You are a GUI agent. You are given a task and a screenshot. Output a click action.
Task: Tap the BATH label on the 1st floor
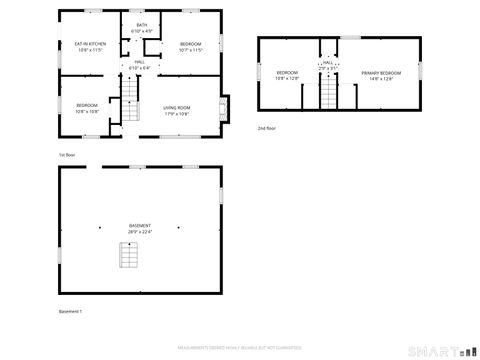click(142, 27)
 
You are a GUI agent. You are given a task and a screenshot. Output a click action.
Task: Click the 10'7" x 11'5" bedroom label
click(191, 46)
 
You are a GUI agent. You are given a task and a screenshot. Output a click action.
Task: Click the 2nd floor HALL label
click(328, 64)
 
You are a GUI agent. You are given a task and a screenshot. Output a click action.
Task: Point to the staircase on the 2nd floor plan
click(328, 93)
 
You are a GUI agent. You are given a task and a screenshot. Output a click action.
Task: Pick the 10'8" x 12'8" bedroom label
click(288, 74)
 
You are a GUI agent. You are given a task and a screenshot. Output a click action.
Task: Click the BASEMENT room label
click(140, 226)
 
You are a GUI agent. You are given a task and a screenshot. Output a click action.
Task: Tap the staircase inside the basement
click(127, 257)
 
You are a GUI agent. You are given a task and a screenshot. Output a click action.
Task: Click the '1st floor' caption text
click(67, 155)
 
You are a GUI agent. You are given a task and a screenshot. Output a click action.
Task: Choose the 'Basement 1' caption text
click(70, 312)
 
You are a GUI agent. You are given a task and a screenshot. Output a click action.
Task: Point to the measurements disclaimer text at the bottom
click(239, 347)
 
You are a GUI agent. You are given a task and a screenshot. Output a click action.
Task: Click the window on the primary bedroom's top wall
click(349, 37)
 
